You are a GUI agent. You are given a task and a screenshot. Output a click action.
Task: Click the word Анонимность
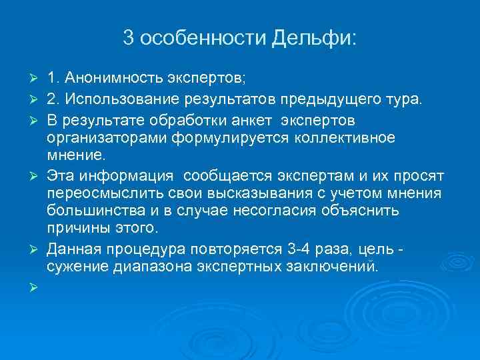point(115,79)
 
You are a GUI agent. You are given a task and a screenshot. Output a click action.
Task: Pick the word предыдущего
point(333,100)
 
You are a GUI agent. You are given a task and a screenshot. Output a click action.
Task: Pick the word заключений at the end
point(337,267)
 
